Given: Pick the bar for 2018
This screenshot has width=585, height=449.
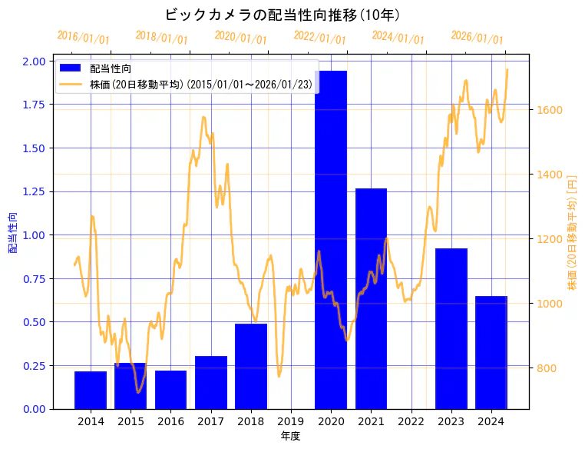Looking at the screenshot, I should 251,366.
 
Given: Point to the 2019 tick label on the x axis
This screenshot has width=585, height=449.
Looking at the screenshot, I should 291,421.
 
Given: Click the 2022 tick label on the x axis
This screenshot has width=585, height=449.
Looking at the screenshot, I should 411,421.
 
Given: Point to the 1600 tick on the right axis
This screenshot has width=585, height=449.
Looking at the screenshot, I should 550,110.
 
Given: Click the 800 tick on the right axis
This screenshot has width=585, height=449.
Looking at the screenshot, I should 547,368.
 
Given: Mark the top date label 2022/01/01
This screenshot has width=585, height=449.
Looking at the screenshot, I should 319,38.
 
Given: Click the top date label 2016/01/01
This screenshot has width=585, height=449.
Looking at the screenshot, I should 83,38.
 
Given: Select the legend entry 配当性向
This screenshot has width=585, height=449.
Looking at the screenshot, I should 111,68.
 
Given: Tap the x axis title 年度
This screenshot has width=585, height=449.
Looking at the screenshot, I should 290,436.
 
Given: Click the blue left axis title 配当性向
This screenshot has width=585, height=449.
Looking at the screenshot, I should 13,234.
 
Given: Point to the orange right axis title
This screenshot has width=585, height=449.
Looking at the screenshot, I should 571,234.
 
